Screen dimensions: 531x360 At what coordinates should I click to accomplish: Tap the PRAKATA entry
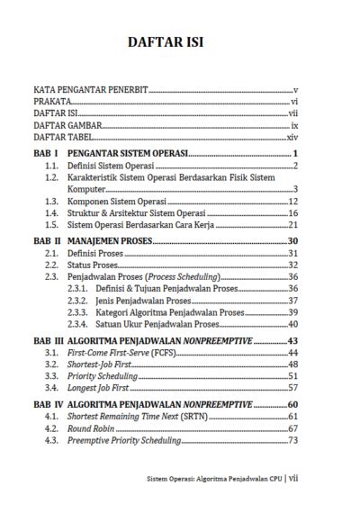tap(53, 103)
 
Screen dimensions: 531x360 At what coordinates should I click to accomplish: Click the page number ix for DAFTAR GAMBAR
tap(293, 127)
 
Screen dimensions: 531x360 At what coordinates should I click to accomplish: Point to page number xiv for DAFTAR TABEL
tap(292, 139)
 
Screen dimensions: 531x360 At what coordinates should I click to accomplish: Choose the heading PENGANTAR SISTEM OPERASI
tap(127, 155)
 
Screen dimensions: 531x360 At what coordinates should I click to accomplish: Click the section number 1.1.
tap(52, 166)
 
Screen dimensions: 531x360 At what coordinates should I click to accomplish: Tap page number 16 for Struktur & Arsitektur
tap(292, 213)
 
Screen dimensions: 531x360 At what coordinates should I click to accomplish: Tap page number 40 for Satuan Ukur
tap(292, 324)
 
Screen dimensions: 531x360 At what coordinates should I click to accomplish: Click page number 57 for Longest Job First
tap(292, 388)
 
